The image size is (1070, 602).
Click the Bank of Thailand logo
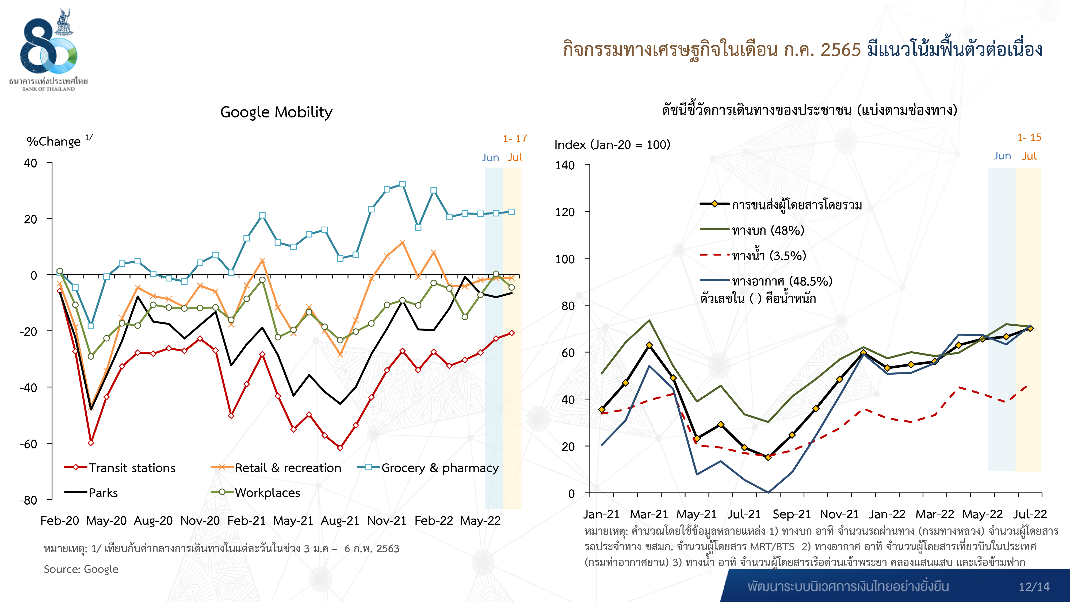pos(49,48)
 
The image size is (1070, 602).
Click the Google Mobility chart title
pos(276,112)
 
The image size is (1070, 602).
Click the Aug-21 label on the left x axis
pos(340,521)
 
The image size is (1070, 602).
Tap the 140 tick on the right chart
pos(565,165)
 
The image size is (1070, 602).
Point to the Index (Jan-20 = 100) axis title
pos(612,144)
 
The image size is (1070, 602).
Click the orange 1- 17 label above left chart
pos(515,138)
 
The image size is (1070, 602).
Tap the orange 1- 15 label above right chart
pos(1029,138)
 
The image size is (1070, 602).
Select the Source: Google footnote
pos(81,569)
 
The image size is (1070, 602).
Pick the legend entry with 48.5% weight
pos(782,281)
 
